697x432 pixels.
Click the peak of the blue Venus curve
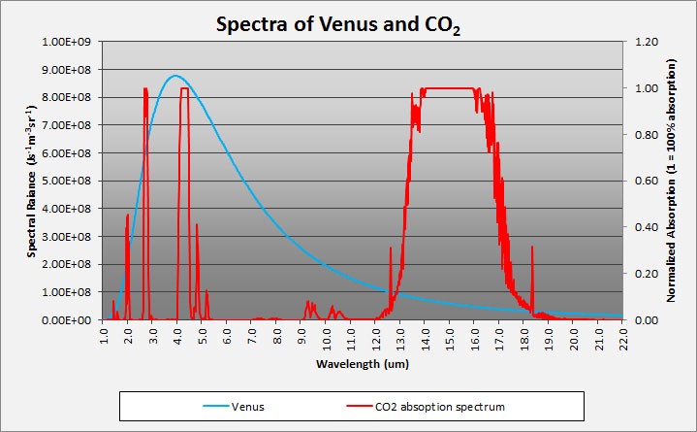[174, 76]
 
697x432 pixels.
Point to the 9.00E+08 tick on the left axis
[67, 70]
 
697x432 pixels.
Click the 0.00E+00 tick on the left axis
[67, 319]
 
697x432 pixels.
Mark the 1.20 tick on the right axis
[645, 43]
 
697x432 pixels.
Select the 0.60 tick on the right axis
[645, 181]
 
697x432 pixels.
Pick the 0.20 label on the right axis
[645, 274]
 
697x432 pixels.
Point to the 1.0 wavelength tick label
[104, 338]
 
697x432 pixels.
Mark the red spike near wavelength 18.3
[532, 250]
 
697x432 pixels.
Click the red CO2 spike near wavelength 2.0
[128, 218]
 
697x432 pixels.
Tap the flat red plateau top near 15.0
[450, 88]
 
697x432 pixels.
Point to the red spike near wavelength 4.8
[197, 228]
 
